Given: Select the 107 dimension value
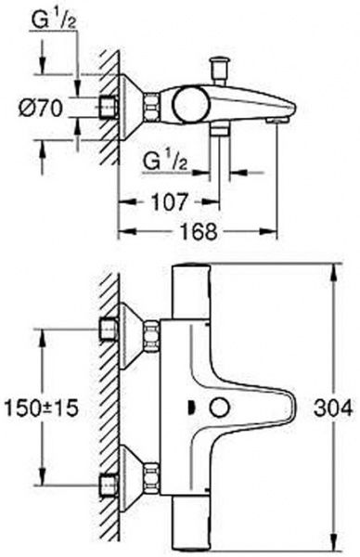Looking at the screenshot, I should [x=170, y=201].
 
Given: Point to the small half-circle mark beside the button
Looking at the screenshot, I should [x=190, y=407].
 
